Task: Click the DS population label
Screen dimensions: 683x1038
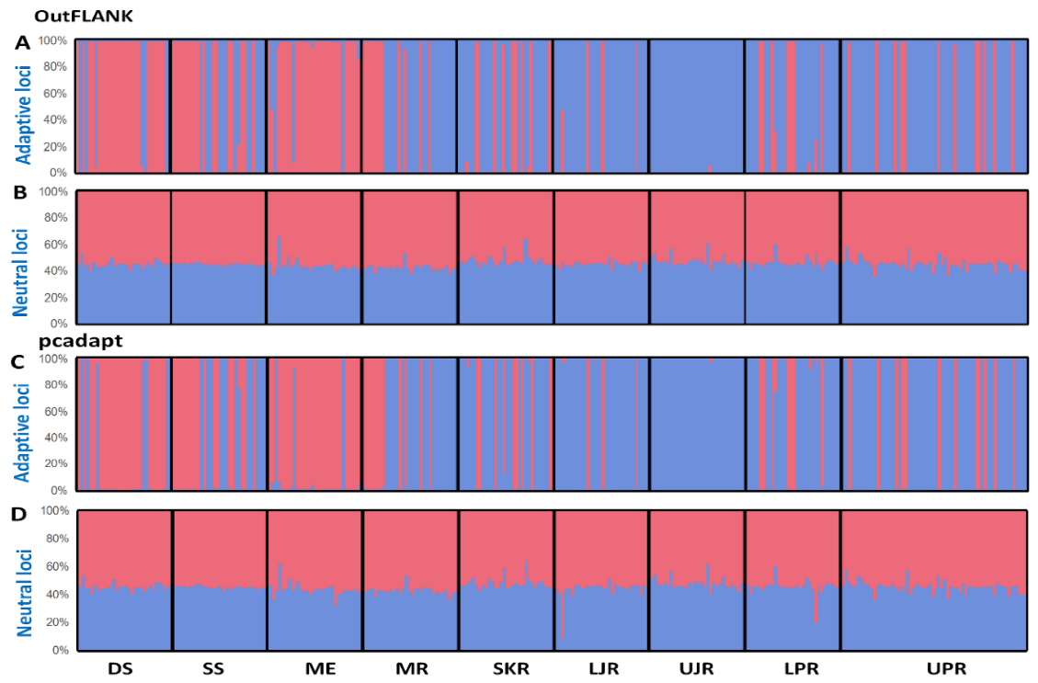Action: pos(121,668)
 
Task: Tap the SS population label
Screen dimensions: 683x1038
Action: pos(213,668)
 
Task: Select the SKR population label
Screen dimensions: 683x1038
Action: pos(510,668)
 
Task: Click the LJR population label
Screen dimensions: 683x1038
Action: pos(600,668)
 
